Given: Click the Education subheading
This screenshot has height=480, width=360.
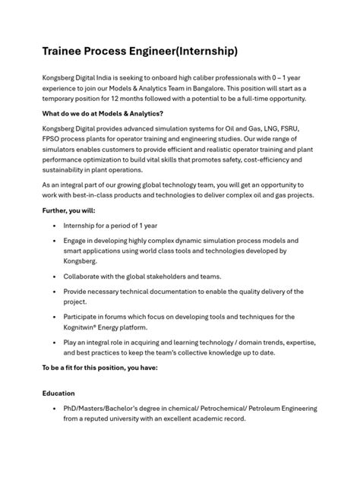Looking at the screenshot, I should click(59, 394).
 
